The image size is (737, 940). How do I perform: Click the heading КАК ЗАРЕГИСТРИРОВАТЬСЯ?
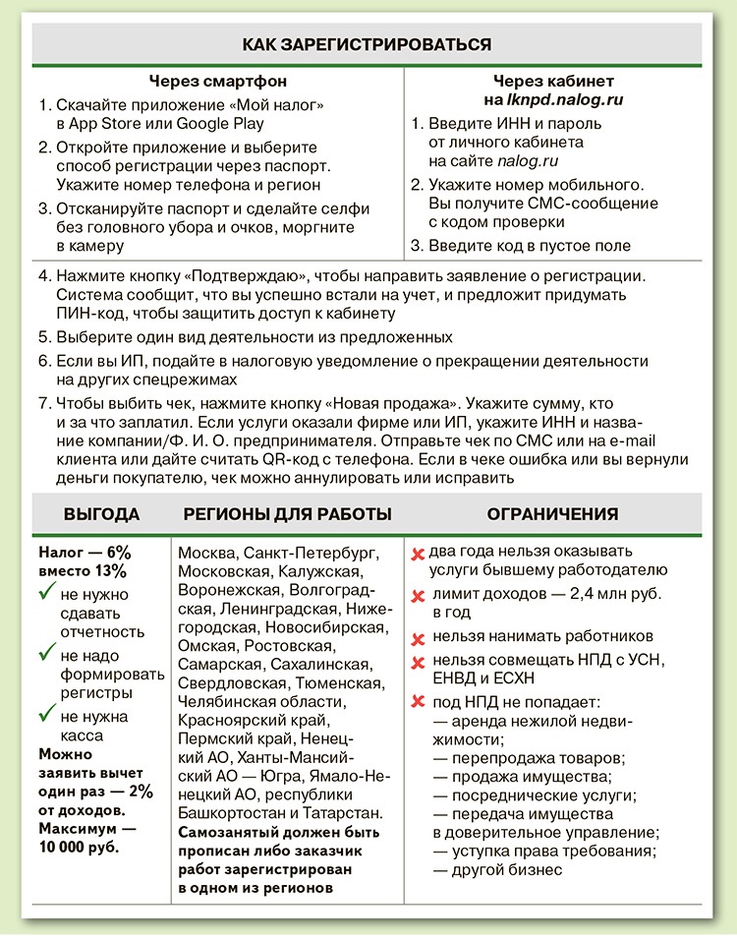click(367, 44)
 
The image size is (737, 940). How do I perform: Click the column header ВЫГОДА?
click(102, 513)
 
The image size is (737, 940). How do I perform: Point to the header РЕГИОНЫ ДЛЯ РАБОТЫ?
click(288, 513)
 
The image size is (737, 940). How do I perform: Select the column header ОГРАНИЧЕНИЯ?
click(552, 513)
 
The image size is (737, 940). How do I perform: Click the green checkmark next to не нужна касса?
click(45, 715)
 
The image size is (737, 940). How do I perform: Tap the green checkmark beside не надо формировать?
click(45, 652)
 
